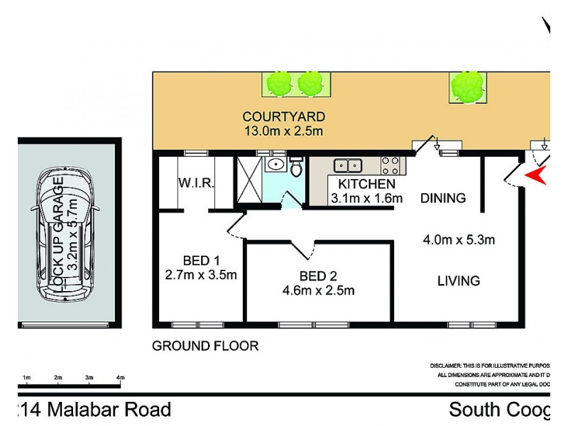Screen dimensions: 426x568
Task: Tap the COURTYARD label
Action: (283, 116)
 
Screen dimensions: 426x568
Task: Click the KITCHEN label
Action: (361, 185)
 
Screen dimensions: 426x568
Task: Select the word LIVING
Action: (458, 281)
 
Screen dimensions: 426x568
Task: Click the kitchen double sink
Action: (349, 165)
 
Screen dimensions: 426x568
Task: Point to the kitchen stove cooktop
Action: (390, 165)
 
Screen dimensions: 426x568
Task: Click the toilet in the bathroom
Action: (296, 168)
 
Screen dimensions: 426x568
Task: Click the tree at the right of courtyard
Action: (466, 86)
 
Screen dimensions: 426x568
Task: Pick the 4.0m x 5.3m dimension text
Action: (458, 239)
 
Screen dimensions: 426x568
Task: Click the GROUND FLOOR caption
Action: (205, 346)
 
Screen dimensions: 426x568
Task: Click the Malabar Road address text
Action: (92, 410)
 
